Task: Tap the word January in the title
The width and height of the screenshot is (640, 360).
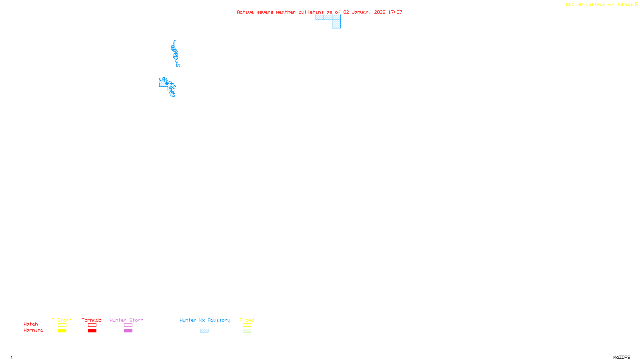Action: pos(362,12)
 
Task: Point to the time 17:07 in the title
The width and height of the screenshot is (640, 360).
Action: pos(395,12)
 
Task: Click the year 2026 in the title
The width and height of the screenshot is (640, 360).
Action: pos(380,12)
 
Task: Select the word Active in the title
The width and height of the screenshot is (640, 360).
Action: pos(245,12)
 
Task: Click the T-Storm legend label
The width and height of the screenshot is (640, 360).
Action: pos(62,320)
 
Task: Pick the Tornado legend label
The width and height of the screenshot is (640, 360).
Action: pos(92,320)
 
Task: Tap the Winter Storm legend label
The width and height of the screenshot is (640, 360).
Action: pos(126,320)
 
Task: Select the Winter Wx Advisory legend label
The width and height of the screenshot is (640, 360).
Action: pos(205,320)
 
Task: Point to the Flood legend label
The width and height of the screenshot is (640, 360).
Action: pos(247,320)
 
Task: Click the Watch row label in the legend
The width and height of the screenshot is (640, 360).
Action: pos(31,324)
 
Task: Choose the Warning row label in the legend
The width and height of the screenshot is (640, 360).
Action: pos(34,330)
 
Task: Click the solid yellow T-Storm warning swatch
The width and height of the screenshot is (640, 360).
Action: pos(62,331)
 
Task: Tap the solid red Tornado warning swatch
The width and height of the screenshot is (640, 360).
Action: pos(92,331)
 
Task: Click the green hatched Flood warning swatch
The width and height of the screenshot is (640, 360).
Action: pos(247,331)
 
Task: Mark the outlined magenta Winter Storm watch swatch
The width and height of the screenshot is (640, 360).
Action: pos(128,325)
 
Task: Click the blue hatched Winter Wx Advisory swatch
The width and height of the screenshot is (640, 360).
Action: pos(204,331)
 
